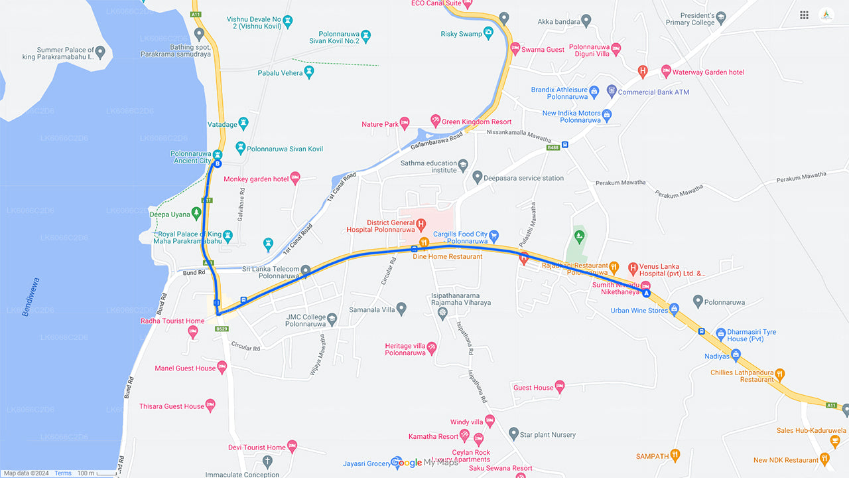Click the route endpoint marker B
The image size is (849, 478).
pyautogui.click(x=217, y=163)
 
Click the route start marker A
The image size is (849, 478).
pyautogui.click(x=646, y=293)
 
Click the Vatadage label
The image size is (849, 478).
pyautogui.click(x=222, y=125)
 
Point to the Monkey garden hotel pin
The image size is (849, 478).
pyautogui.click(x=295, y=177)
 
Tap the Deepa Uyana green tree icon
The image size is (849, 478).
pyautogui.click(x=196, y=213)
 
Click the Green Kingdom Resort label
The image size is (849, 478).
pyautogui.click(x=476, y=122)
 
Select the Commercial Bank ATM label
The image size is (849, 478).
pyautogui.click(x=653, y=92)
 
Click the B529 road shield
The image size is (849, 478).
pyautogui.click(x=222, y=329)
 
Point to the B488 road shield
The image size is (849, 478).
pyautogui.click(x=553, y=148)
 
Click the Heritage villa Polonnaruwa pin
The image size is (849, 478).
pyautogui.click(x=432, y=347)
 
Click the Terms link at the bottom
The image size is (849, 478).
pyautogui.click(x=63, y=473)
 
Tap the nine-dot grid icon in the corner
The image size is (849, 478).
pyautogui.click(x=804, y=15)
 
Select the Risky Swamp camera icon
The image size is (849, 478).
pyautogui.click(x=488, y=31)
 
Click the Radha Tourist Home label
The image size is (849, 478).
pyautogui.click(x=172, y=321)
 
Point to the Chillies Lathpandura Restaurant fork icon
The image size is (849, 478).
pyautogui.click(x=779, y=374)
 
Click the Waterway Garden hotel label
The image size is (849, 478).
pyautogui.click(x=708, y=72)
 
